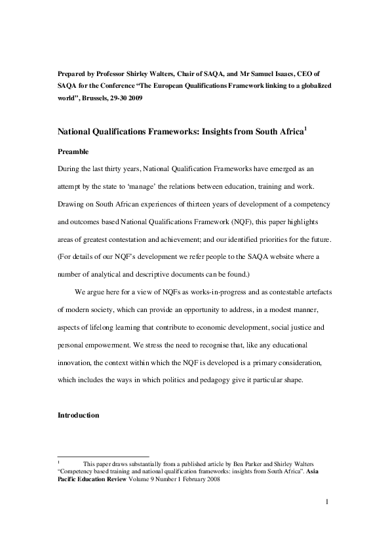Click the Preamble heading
pos(73,150)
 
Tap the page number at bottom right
pos(326,502)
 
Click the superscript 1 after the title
pos(305,128)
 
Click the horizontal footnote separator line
pos(104,456)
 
